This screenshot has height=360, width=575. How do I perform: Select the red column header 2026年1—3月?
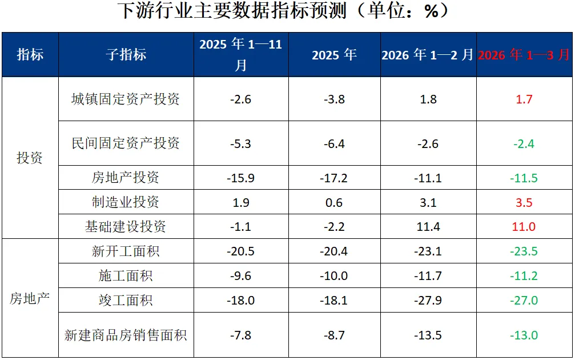click(524, 55)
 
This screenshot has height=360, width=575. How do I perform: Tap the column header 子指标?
click(126, 55)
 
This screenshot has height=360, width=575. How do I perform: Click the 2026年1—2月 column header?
click(428, 55)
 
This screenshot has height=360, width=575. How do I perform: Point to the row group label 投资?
click(30, 158)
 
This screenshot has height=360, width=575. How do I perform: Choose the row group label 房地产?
click(30, 298)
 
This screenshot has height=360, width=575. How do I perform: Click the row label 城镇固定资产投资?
click(126, 99)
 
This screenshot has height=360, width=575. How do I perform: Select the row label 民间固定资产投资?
click(126, 143)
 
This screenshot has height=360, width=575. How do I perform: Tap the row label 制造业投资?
click(126, 202)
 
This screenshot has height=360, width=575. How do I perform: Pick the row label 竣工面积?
click(126, 300)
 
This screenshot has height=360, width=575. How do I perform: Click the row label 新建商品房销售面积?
click(126, 335)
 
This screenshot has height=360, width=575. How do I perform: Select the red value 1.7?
click(524, 99)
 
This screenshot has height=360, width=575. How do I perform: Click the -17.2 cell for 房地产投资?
click(333, 178)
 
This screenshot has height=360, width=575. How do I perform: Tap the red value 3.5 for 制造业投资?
click(524, 202)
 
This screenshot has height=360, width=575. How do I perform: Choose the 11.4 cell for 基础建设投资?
click(428, 227)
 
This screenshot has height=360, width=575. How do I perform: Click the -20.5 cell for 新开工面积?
click(240, 251)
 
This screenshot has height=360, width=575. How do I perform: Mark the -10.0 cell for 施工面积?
click(333, 276)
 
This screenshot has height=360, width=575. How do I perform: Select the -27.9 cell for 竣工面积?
click(428, 301)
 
